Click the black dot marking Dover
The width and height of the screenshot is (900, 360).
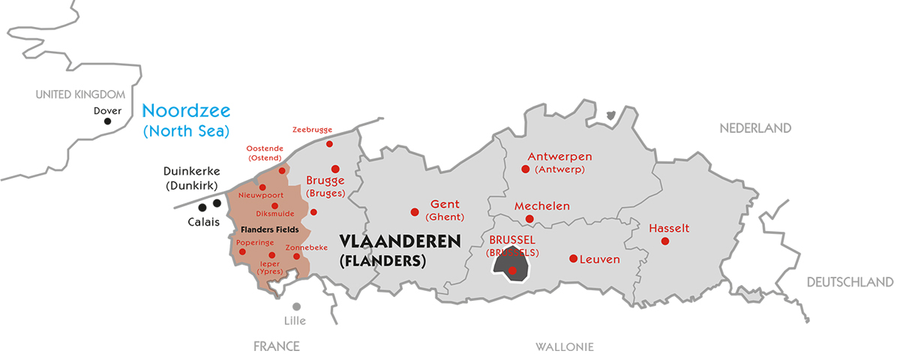(107, 121)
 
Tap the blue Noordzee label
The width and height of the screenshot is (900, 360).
(186, 110)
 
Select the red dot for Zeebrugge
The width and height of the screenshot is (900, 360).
(329, 143)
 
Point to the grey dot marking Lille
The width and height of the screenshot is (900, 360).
(296, 307)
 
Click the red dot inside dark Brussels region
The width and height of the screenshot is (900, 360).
(512, 271)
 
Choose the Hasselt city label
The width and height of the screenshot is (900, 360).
(669, 228)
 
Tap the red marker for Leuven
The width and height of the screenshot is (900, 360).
(573, 259)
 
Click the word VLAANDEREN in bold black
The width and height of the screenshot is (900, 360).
(400, 241)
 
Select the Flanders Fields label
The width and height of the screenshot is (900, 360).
(270, 229)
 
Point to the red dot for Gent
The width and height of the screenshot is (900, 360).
(414, 211)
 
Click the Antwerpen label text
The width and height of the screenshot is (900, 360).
(559, 157)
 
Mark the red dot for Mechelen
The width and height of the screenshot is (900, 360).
(529, 219)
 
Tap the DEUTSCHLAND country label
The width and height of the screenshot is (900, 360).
(850, 282)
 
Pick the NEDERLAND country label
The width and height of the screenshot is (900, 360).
(755, 128)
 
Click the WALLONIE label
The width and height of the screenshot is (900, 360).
(565, 346)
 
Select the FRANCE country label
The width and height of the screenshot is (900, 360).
(276, 346)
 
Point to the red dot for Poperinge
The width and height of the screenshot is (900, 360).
(242, 251)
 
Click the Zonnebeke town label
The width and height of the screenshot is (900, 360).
(307, 247)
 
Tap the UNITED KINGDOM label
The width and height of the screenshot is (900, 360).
(80, 94)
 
